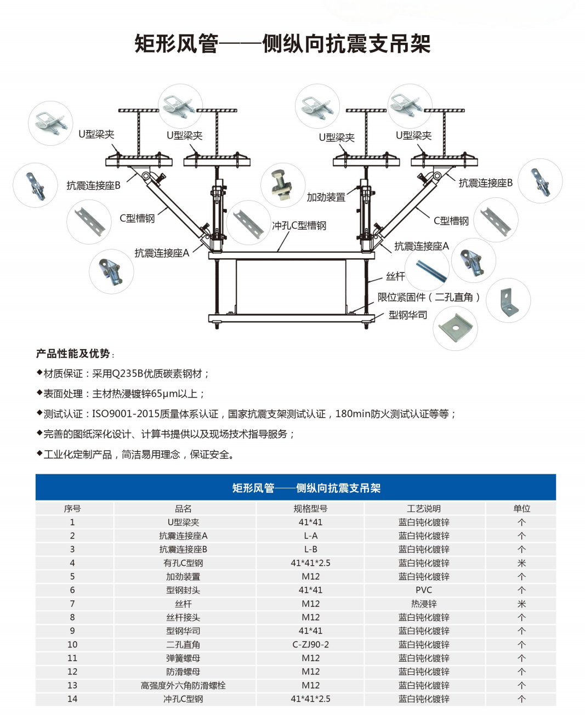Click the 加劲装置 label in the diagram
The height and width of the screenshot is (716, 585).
coord(326,197)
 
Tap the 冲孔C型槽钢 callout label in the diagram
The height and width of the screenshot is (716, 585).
coord(299,225)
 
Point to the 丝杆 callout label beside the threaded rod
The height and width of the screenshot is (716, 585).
coord(395,276)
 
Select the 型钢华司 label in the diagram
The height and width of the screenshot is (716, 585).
coord(408,315)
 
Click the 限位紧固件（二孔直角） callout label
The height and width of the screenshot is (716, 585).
coord(429,297)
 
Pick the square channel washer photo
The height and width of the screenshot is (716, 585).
coord(456,328)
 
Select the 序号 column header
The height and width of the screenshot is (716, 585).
coord(72,508)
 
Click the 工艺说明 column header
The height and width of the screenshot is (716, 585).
coord(424,508)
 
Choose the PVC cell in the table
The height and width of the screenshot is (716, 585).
coord(424,590)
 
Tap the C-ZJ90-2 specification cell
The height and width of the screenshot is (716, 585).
coord(310,644)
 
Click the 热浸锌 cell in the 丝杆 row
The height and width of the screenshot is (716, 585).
coord(424,603)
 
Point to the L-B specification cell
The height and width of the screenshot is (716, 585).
coord(310,549)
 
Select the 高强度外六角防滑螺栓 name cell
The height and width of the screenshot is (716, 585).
coord(183,685)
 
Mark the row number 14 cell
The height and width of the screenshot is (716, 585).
coord(72,698)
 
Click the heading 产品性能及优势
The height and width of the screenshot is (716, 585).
coord(73,354)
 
